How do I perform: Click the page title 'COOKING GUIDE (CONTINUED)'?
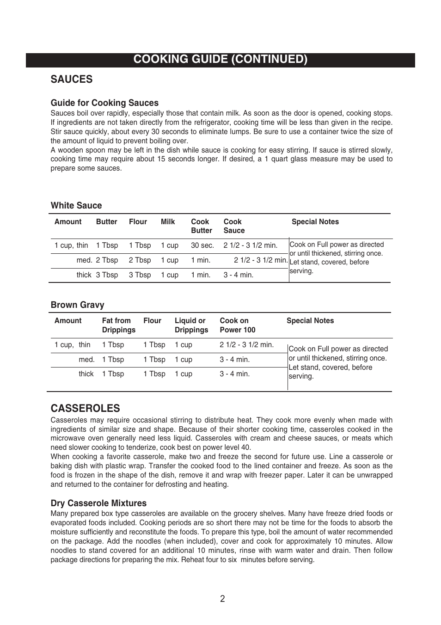click(x=220, y=60)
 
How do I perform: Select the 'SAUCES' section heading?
click(x=72, y=80)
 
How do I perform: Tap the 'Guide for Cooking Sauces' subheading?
click(x=104, y=103)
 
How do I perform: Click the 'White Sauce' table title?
click(x=76, y=206)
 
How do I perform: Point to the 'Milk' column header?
click(x=168, y=222)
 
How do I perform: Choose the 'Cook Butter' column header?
click(x=202, y=226)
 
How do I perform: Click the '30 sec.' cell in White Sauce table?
click(x=202, y=245)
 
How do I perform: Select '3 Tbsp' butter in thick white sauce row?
click(x=107, y=275)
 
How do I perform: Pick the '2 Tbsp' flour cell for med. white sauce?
click(x=140, y=260)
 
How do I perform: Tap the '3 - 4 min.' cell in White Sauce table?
click(x=238, y=275)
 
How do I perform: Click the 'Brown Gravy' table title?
click(x=77, y=305)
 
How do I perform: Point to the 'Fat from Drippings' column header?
click(x=119, y=325)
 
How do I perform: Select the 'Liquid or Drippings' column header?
click(x=191, y=325)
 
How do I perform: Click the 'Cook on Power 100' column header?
click(x=237, y=325)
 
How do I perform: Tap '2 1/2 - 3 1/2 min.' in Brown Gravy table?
click(x=246, y=345)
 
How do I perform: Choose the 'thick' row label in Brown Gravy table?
click(x=86, y=374)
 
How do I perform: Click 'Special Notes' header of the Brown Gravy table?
click(x=310, y=321)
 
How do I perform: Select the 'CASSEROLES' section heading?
click(x=85, y=408)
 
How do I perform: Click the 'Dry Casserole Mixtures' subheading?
click(x=98, y=503)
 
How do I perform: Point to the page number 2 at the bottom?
click(x=222, y=599)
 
